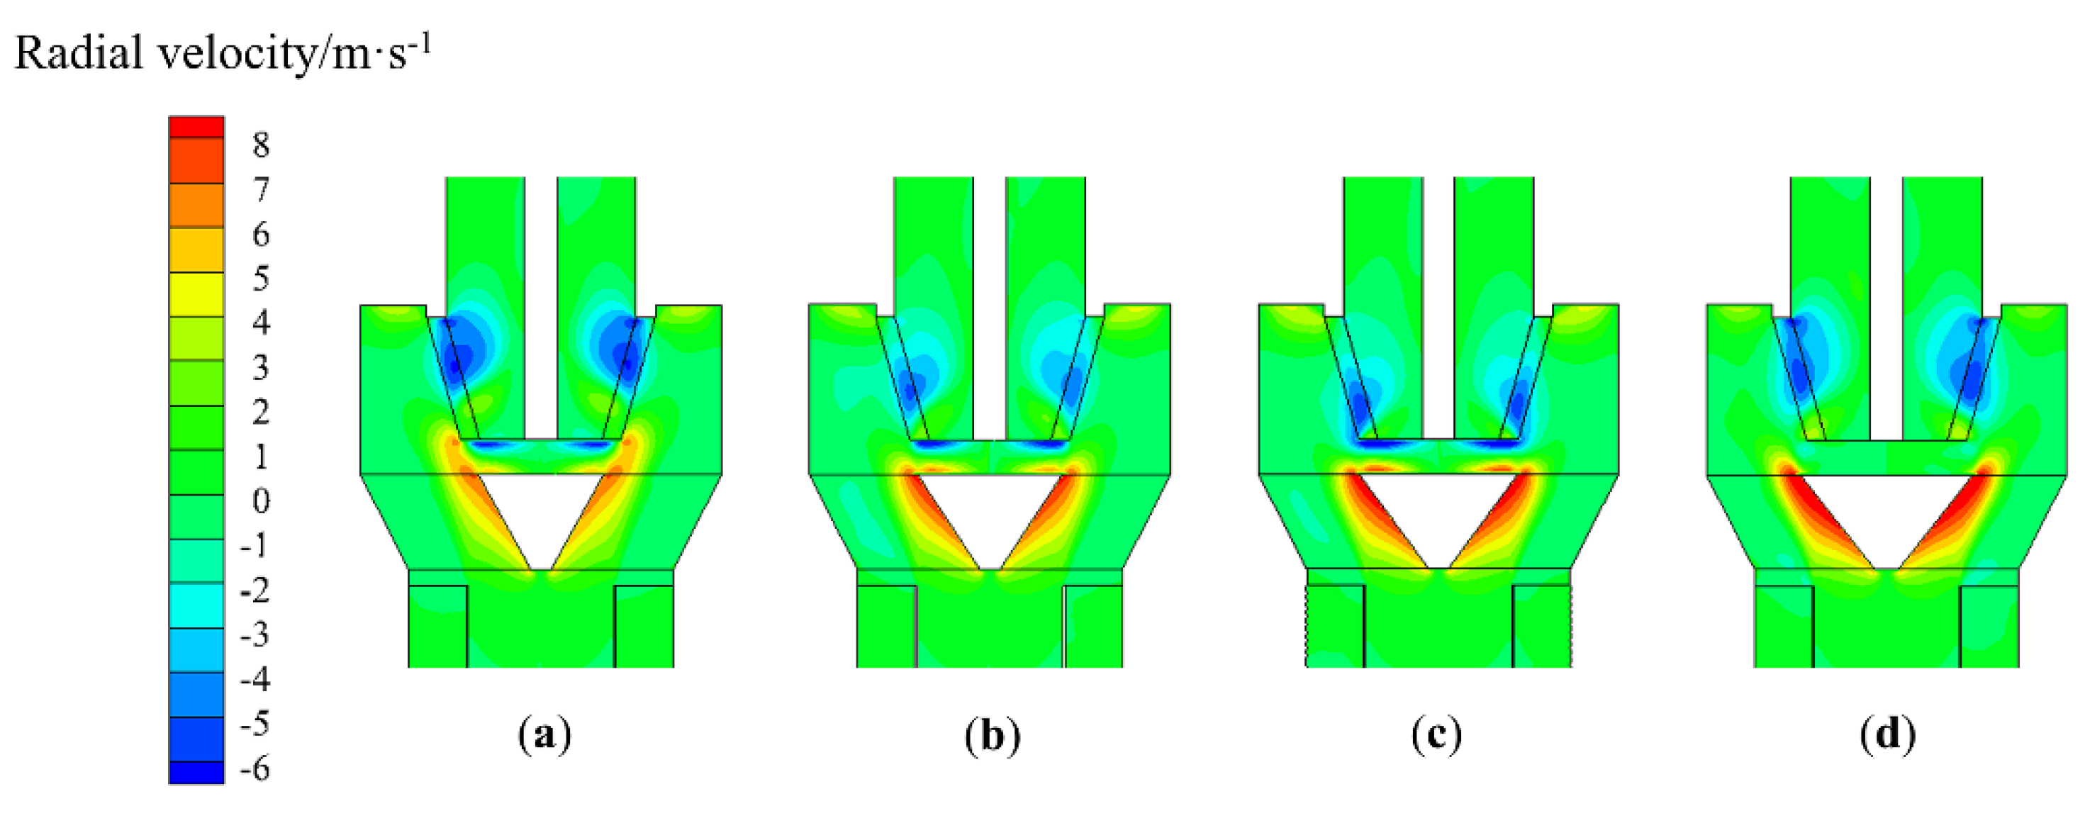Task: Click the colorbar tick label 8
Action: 259,145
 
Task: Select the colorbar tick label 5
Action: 259,279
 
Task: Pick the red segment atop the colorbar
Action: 196,127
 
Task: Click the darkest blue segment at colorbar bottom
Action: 196,772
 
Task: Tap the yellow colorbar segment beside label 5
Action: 196,293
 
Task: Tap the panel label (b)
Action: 993,736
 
